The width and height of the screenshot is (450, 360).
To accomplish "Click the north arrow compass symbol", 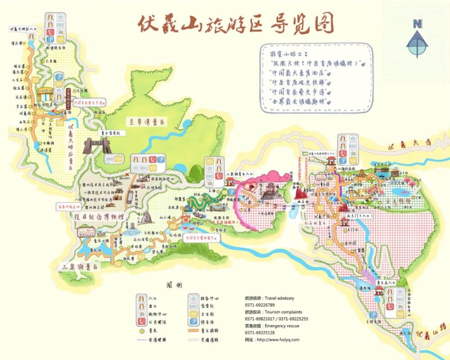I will coord(418,38).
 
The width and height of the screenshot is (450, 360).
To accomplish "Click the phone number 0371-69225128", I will coord(260,333).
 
